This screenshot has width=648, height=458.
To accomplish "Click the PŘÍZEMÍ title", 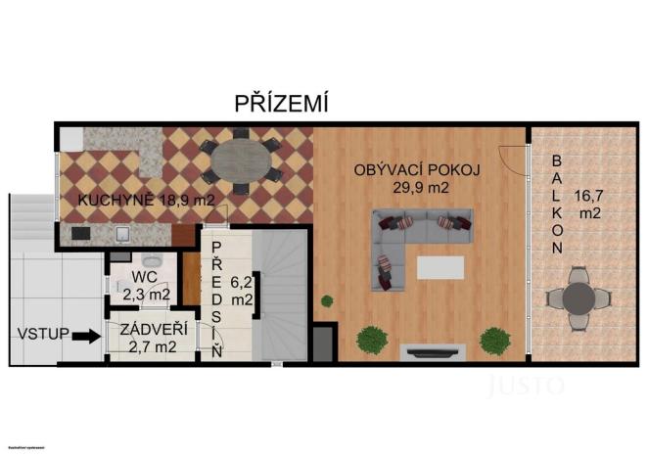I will point(280,102).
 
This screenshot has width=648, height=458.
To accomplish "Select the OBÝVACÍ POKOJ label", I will point(417,169).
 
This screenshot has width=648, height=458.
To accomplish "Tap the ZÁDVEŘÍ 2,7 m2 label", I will point(153,337).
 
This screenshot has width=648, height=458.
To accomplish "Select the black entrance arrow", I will point(87,336).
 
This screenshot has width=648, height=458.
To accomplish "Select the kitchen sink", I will point(122,234).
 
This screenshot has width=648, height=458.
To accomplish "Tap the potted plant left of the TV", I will point(371,340).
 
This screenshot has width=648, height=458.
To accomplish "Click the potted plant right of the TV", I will point(495,341).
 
